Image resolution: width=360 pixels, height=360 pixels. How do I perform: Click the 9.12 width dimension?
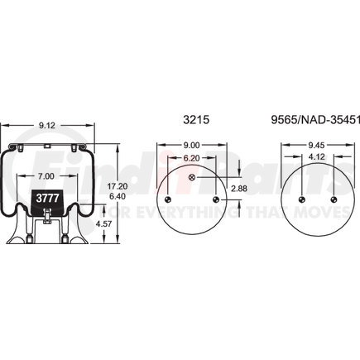[x=47, y=126]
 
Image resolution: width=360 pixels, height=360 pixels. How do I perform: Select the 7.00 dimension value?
[x=46, y=176]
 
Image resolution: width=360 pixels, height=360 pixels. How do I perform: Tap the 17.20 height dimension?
[x=118, y=186]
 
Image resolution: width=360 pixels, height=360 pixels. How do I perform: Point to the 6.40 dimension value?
[x=118, y=196]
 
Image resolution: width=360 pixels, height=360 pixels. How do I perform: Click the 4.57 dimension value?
[x=103, y=223]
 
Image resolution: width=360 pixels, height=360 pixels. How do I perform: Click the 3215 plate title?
[x=196, y=120]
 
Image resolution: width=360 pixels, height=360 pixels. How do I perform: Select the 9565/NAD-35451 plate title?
[x=315, y=120]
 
